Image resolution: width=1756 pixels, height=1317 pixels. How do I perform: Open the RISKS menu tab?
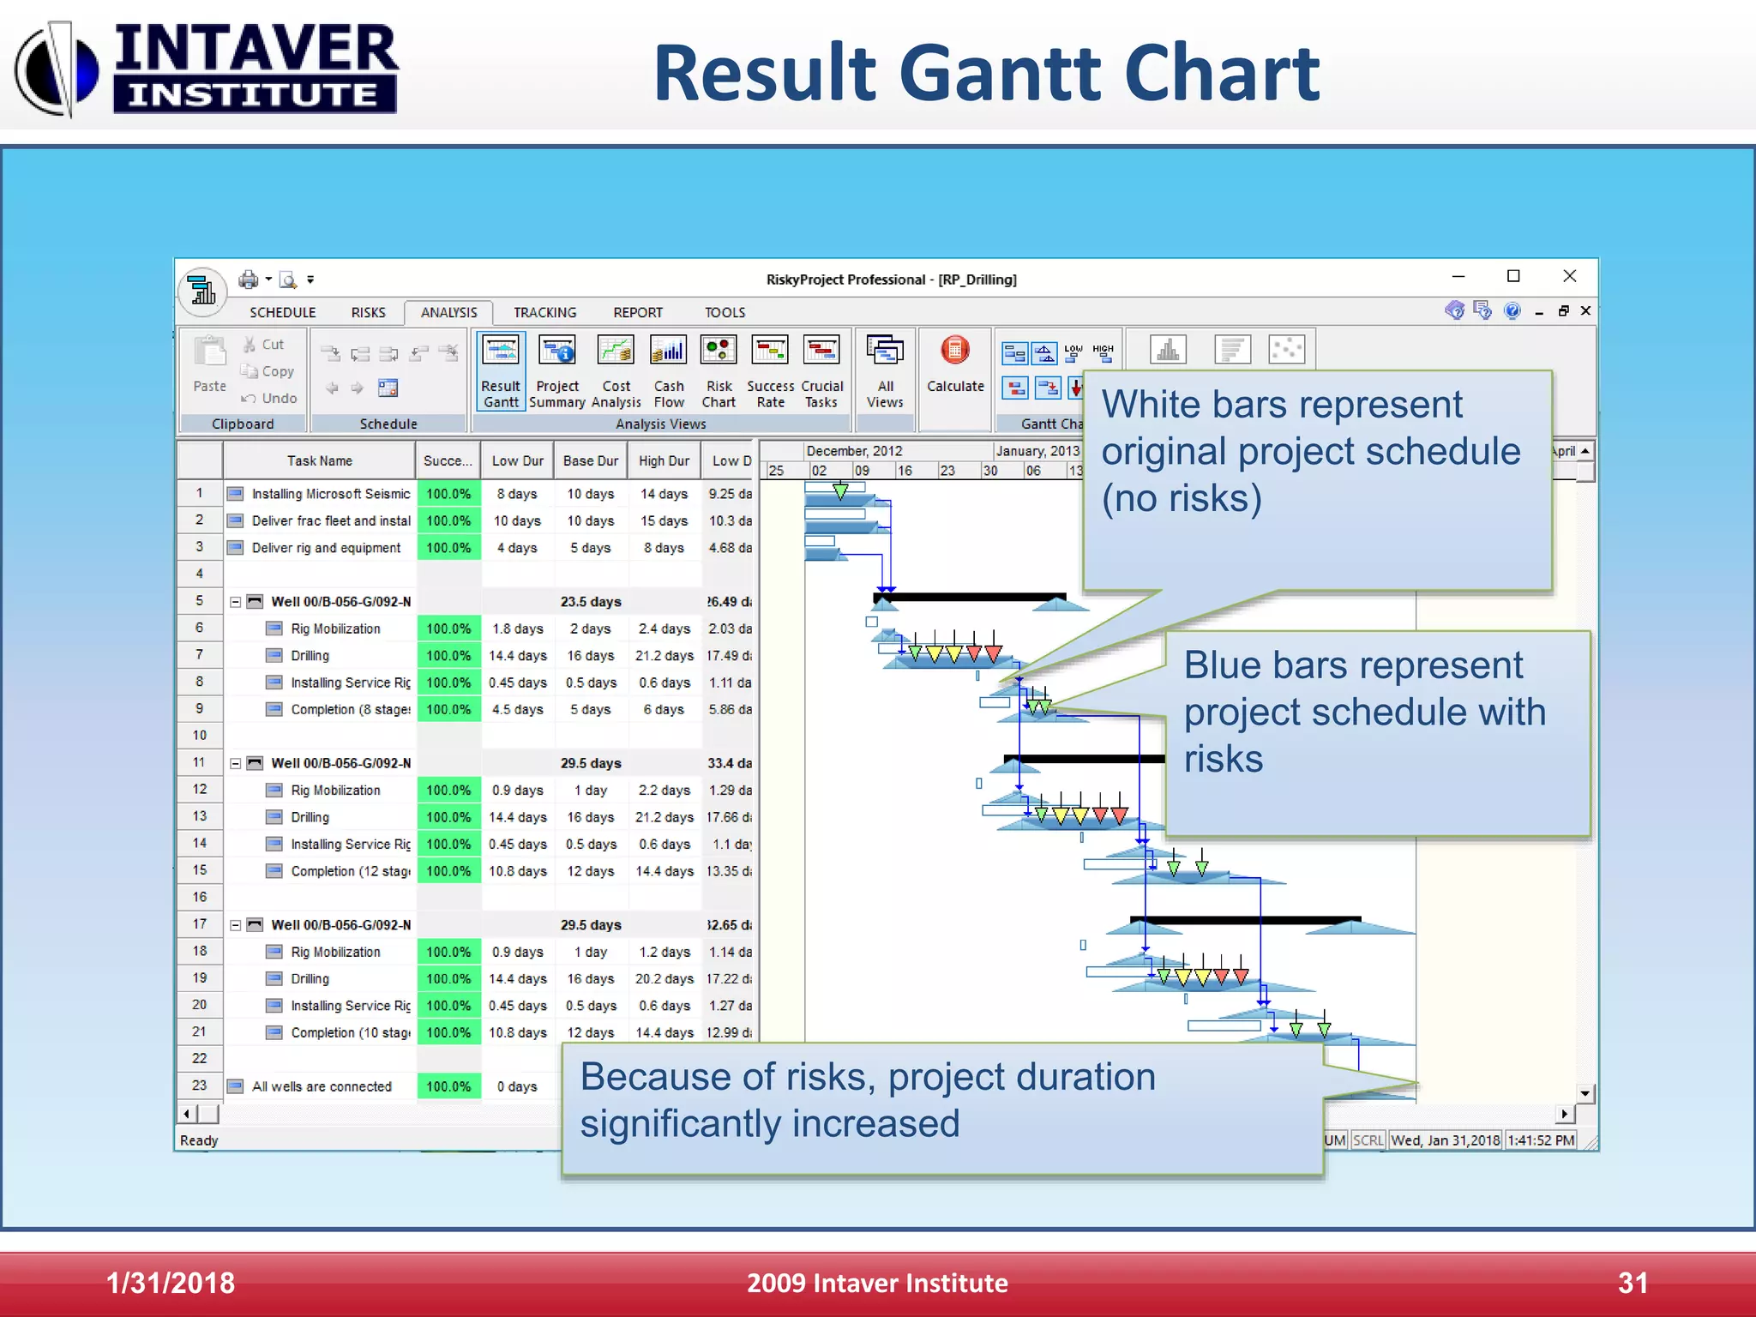point(368,313)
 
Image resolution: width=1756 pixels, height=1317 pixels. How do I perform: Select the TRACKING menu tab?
point(544,313)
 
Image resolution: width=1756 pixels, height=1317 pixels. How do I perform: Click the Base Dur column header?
point(590,461)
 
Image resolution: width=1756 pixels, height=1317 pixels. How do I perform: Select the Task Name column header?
point(319,461)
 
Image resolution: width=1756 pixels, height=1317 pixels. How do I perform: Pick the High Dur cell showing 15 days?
point(664,521)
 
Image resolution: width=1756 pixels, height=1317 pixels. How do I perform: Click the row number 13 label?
point(199,816)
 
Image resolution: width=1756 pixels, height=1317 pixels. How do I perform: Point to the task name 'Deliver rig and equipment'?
point(326,549)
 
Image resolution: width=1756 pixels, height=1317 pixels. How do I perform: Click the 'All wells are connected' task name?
point(322,1087)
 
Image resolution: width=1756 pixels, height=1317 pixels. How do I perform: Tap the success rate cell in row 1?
point(448,495)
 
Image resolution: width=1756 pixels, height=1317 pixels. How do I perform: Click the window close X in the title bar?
point(1569,276)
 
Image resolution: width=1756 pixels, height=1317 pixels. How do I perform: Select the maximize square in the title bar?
point(1513,276)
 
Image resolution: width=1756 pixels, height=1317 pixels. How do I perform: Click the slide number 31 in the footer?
point(1633,1284)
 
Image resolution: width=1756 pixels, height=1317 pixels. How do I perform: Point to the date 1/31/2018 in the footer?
point(171,1284)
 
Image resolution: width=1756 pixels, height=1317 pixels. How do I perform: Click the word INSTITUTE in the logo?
point(254,94)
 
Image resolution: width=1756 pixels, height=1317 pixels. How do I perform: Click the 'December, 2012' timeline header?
point(854,451)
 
